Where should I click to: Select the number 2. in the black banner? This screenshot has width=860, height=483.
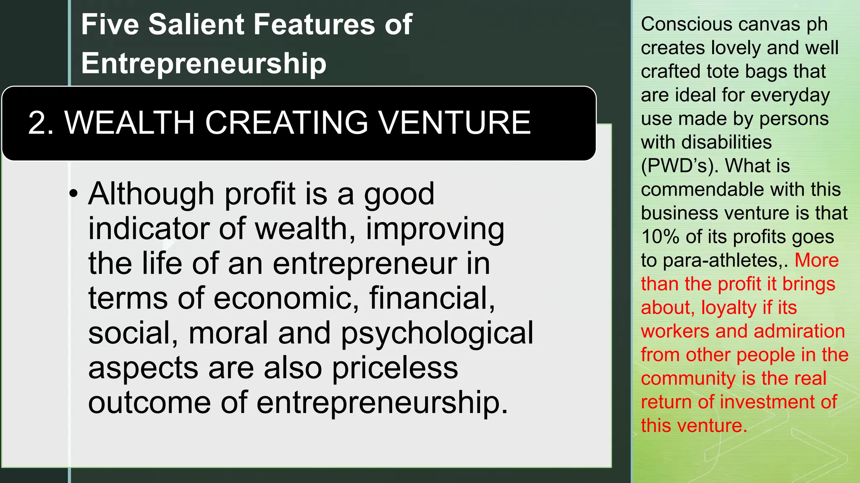pos(41,123)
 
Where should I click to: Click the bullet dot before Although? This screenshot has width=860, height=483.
pos(74,194)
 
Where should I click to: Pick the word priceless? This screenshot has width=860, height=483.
pos(395,368)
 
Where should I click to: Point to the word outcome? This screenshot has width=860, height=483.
pos(149,403)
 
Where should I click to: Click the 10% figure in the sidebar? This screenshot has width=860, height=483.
pos(661,237)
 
